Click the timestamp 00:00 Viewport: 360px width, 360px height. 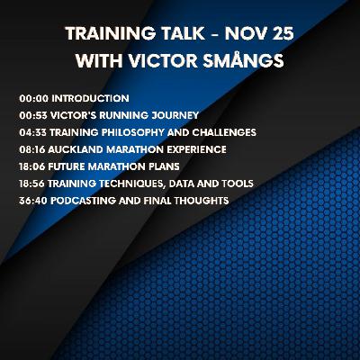click(x=31, y=97)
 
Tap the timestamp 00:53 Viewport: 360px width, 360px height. click(x=31, y=114)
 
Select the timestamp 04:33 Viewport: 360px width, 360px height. click(x=31, y=131)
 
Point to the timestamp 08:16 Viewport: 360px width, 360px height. click(x=31, y=148)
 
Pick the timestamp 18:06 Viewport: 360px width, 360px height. click(x=31, y=166)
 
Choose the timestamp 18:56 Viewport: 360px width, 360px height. click(x=31, y=183)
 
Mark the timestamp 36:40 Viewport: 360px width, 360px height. click(x=31, y=200)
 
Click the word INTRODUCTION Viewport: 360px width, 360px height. click(x=89, y=97)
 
